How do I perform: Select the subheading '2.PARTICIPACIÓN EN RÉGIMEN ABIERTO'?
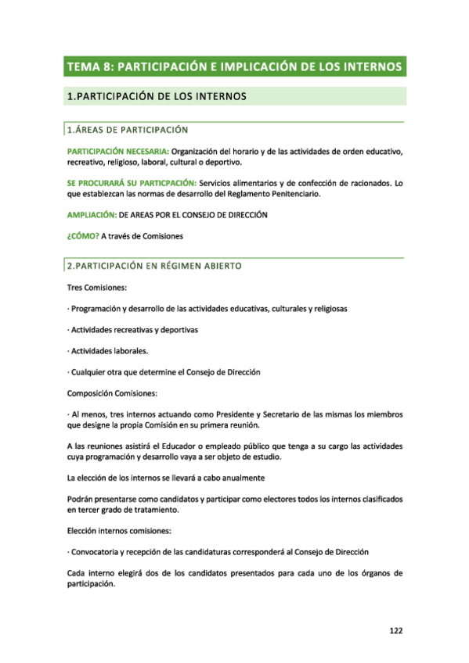154,266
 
